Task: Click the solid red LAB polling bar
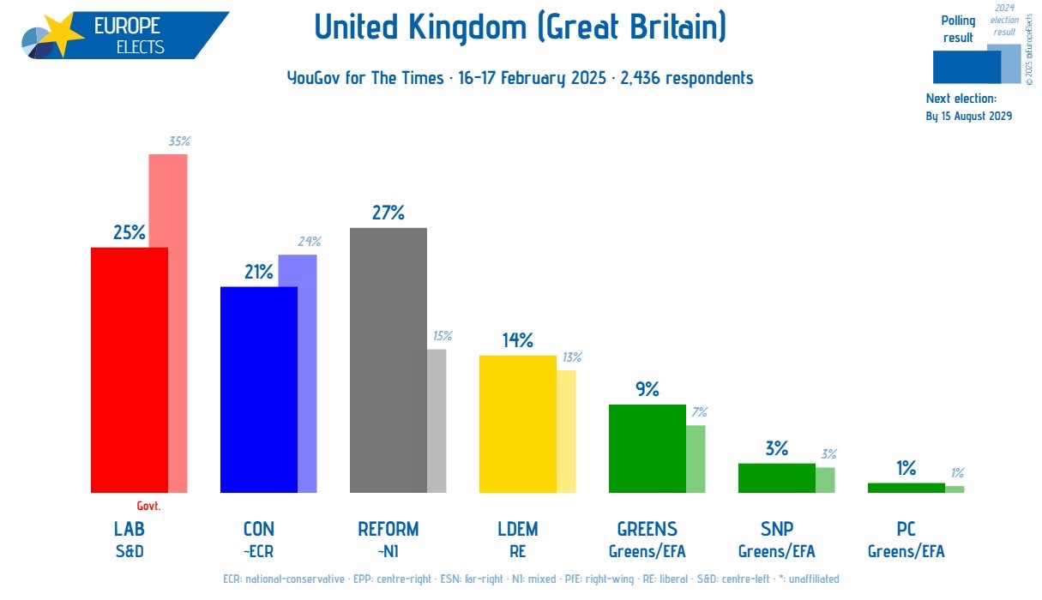(x=129, y=369)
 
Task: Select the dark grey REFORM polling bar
(x=388, y=360)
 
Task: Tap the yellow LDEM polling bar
(x=517, y=423)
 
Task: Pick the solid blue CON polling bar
(x=258, y=389)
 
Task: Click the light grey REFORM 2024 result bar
(x=437, y=420)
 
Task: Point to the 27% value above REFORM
(x=388, y=213)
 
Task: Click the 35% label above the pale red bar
(x=178, y=141)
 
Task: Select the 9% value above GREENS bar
(x=647, y=389)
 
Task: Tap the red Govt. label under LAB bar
(x=148, y=506)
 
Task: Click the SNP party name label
(x=776, y=529)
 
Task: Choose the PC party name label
(x=906, y=529)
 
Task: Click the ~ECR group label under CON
(x=258, y=551)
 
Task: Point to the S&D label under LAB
(x=129, y=551)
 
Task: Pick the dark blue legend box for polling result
(x=966, y=67)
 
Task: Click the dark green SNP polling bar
(x=776, y=477)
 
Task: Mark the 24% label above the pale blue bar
(x=309, y=242)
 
